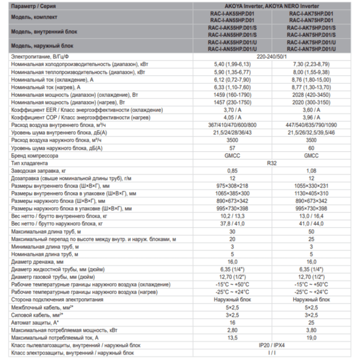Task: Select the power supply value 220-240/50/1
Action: point(272,57)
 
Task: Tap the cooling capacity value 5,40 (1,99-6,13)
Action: point(232,64)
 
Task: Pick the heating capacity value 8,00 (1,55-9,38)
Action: point(311,72)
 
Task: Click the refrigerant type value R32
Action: point(272,163)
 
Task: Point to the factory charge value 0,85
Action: point(232,171)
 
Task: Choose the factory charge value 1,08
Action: point(311,171)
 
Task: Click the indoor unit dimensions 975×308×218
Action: point(232,186)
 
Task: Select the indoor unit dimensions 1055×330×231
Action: point(311,186)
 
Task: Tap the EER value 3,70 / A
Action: point(232,110)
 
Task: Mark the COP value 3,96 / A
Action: point(311,117)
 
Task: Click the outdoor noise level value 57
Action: point(232,148)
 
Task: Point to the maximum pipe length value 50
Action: point(311,231)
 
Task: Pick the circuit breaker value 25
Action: point(311,323)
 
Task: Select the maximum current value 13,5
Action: point(232,338)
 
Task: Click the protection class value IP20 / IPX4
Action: point(272,345)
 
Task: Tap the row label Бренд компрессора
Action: point(35,156)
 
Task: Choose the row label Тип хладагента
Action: point(32,163)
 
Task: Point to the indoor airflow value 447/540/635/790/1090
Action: point(311,125)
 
